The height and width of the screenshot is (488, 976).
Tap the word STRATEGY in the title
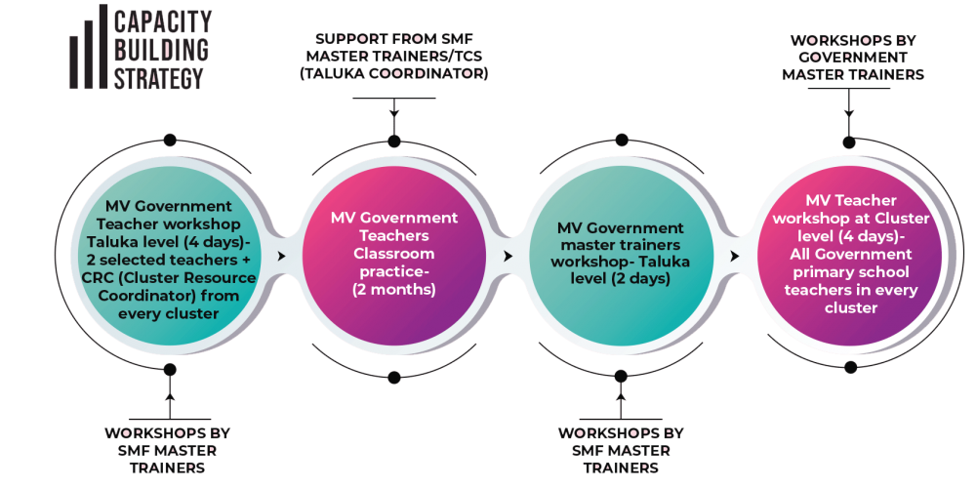click(x=159, y=78)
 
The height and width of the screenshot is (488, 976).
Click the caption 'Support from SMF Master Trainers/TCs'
click(x=393, y=56)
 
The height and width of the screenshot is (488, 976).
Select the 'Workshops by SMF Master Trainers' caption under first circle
click(x=168, y=449)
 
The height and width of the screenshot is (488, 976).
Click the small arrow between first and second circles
click(x=282, y=256)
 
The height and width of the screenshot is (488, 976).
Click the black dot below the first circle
click(x=169, y=369)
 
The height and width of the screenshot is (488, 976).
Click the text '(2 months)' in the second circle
click(x=393, y=290)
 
